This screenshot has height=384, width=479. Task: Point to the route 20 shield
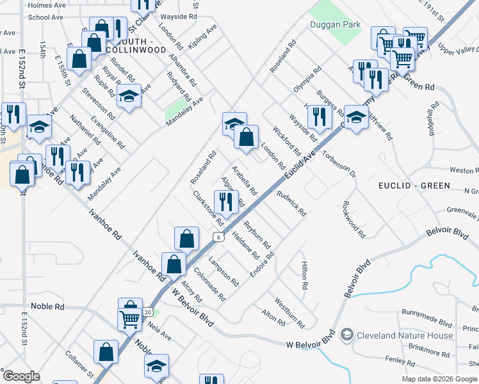[x=148, y=311]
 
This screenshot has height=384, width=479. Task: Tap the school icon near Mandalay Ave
[x=129, y=97]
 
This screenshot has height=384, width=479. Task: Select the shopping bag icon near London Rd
[x=246, y=136]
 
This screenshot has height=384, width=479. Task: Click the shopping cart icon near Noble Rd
[x=130, y=318]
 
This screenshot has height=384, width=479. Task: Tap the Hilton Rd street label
[x=305, y=276]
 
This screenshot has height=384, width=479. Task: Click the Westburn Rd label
[x=289, y=310]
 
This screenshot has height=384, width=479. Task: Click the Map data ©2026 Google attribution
[x=439, y=379]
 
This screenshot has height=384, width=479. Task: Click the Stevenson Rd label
[x=99, y=104]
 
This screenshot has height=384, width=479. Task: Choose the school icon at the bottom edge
[x=156, y=366]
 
